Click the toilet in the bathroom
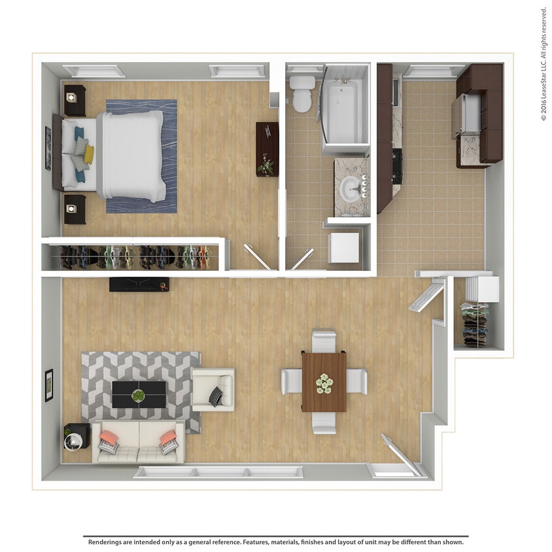(x=302, y=94)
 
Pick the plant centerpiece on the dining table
(x=324, y=382)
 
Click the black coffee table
(x=139, y=394)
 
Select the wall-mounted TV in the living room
(x=139, y=285)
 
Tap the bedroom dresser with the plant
(x=267, y=149)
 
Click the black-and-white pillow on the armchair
(x=216, y=395)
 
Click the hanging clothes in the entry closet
(x=475, y=324)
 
